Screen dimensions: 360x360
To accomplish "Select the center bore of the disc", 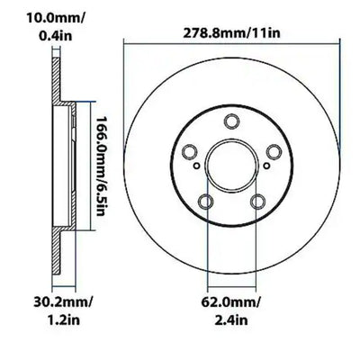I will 233,167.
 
